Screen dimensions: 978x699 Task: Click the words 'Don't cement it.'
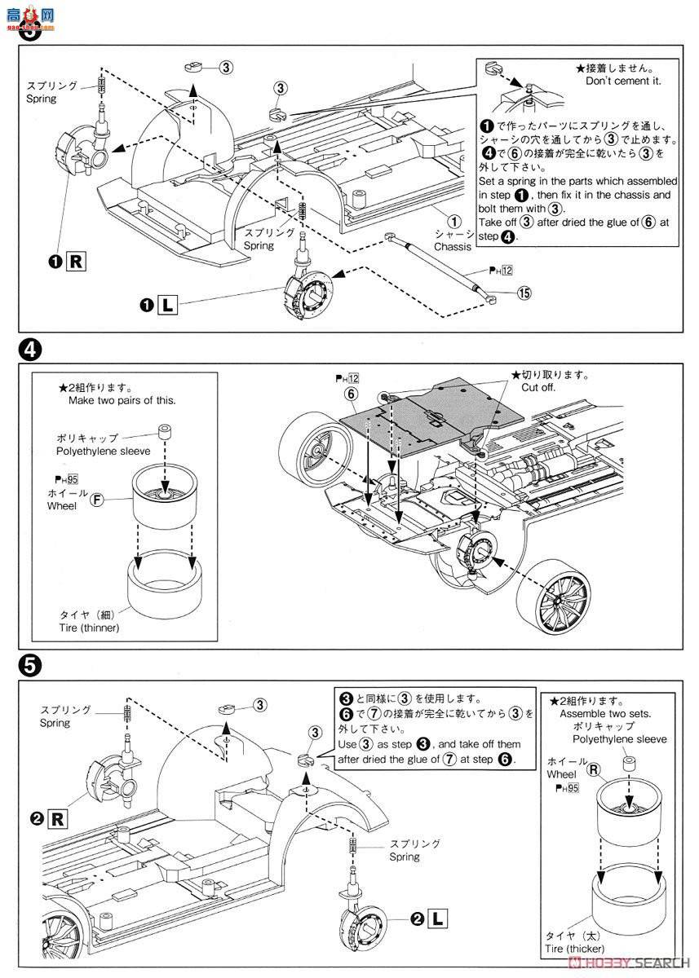coord(622,81)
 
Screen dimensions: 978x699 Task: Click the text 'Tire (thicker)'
coord(576,949)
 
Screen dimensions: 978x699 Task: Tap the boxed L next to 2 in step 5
coord(439,919)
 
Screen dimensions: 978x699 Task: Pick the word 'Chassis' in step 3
coord(453,247)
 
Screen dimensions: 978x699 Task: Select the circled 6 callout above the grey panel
coord(351,393)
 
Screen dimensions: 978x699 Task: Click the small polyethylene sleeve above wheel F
coord(165,430)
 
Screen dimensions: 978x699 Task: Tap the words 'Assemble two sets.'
coord(601,712)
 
